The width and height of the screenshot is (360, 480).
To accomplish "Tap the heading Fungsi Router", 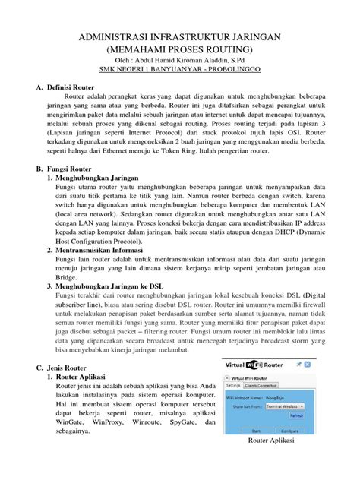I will click(78, 165).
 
